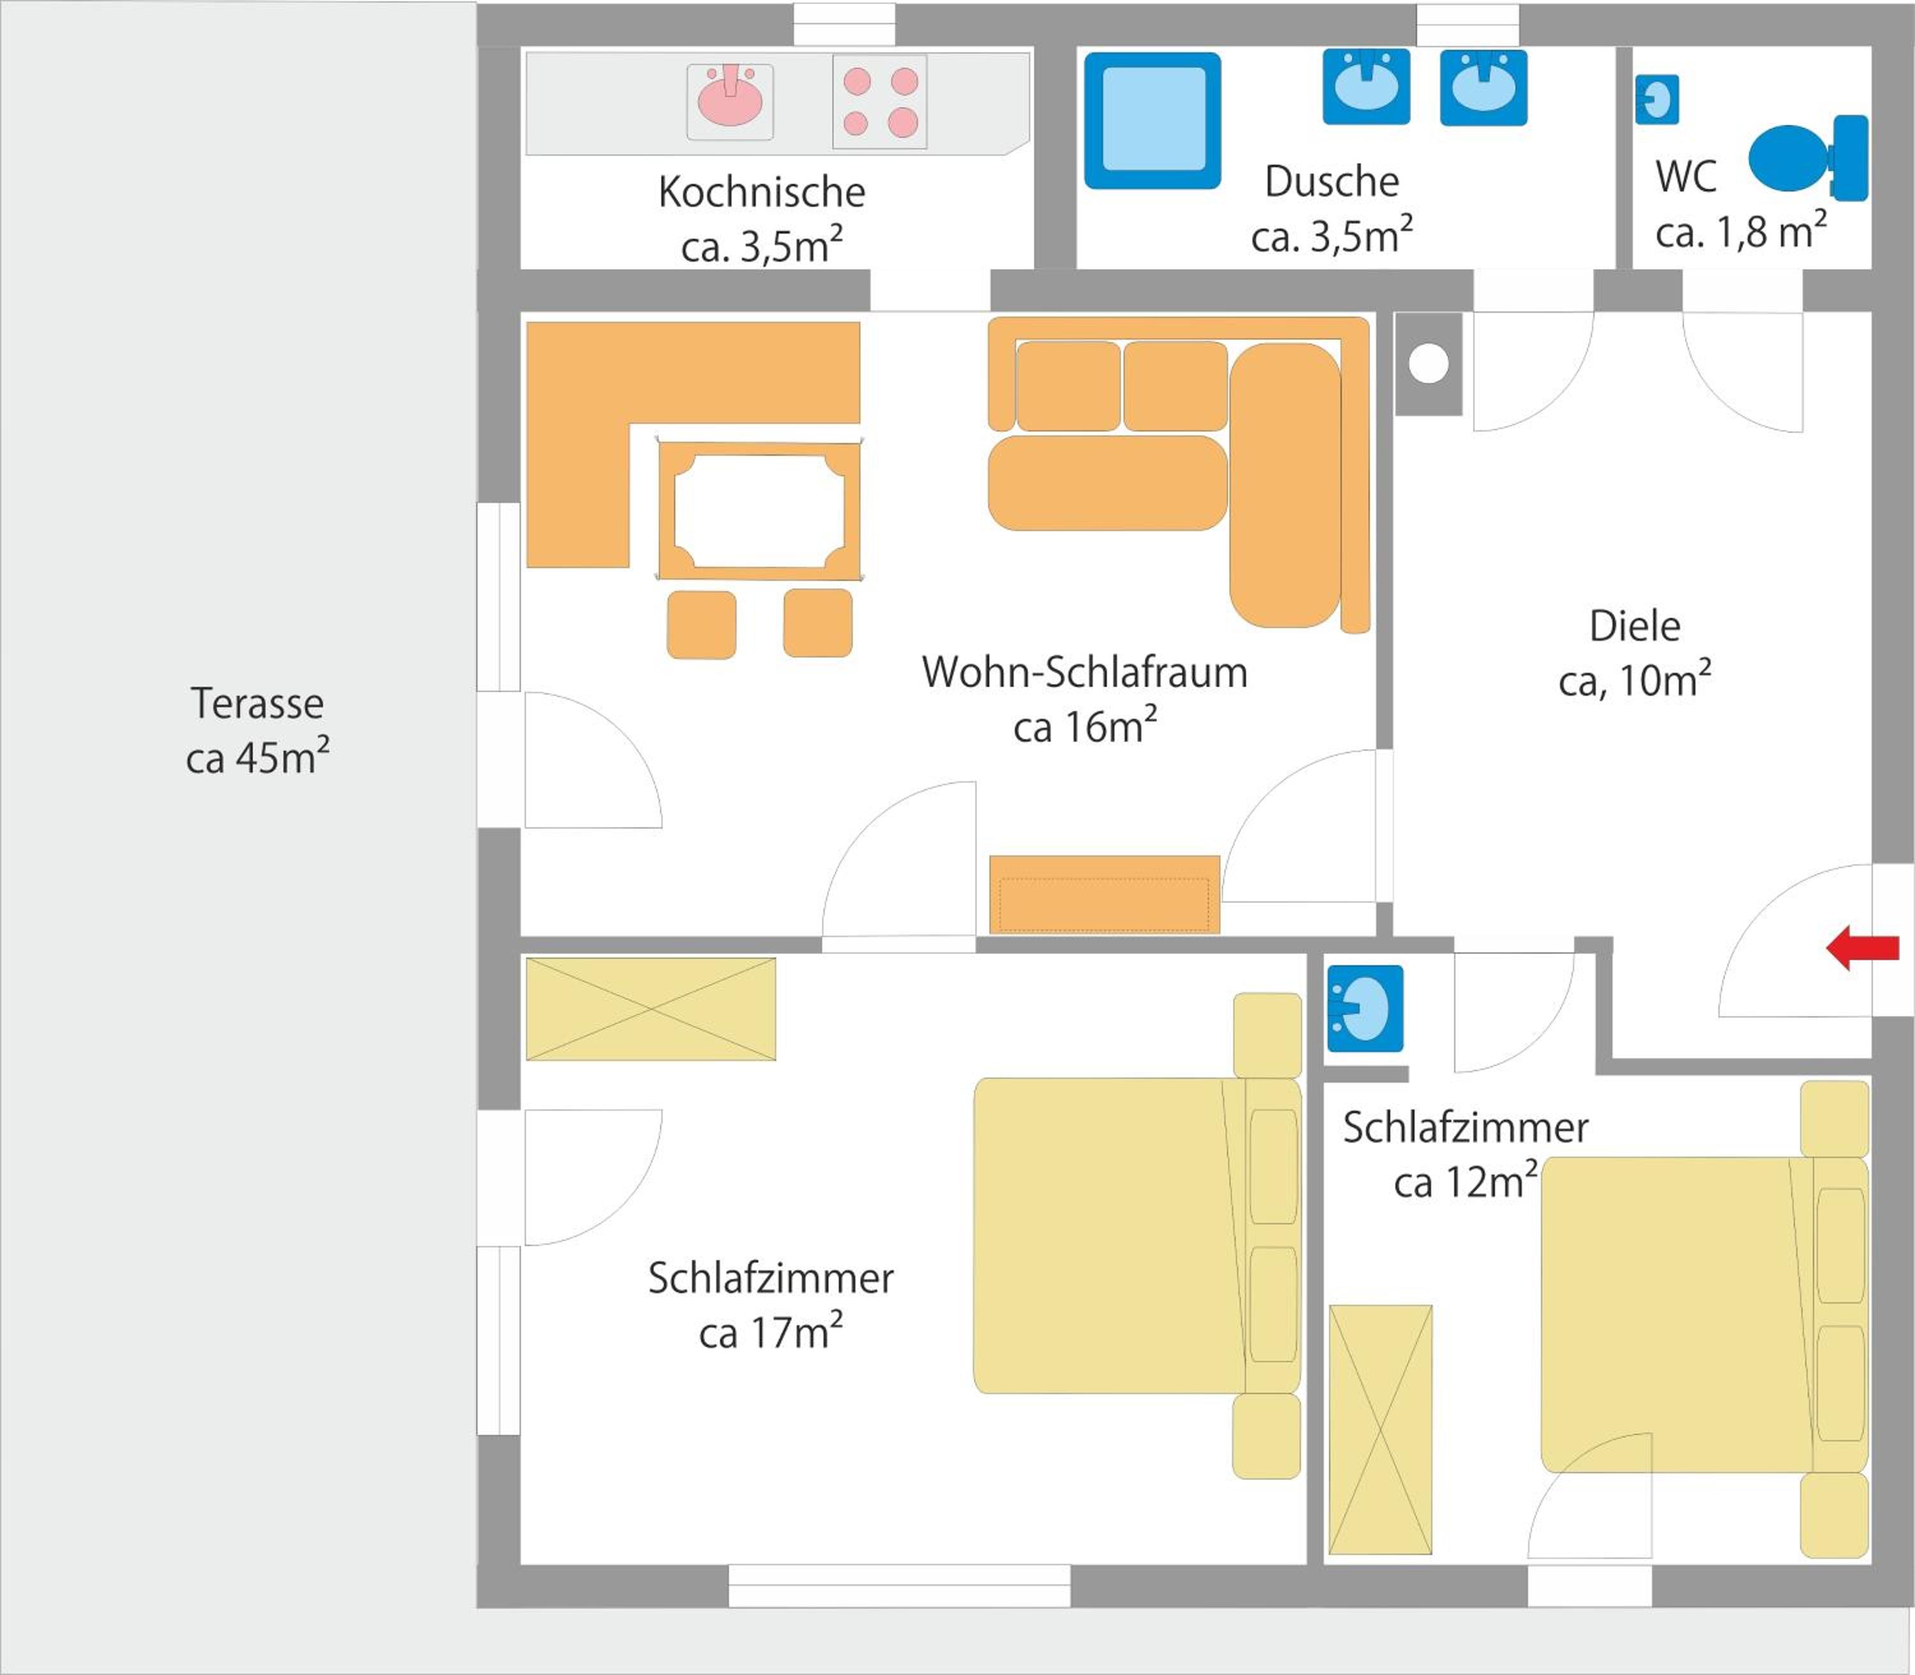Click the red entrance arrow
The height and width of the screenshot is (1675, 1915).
[x=1863, y=949]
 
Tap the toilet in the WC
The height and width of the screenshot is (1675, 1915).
[x=1808, y=158]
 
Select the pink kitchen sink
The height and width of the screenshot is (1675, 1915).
[x=730, y=96]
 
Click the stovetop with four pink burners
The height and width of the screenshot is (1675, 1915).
[x=880, y=102]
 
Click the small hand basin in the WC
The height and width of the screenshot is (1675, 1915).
[x=1657, y=99]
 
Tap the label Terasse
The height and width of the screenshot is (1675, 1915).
[x=257, y=703]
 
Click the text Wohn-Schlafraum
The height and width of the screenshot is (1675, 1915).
[x=1085, y=672]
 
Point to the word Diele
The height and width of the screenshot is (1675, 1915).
[x=1635, y=626]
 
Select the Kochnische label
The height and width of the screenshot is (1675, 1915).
[x=762, y=192]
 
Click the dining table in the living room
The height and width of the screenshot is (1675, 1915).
[x=759, y=511]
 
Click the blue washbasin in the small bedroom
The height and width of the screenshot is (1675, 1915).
[x=1365, y=1009]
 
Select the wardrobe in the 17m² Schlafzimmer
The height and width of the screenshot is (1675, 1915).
[x=650, y=1009]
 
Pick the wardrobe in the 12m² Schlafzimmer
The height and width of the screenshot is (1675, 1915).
[x=1381, y=1430]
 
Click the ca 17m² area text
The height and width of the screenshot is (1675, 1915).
[x=771, y=1331]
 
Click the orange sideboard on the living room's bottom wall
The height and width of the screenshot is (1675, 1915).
[x=1105, y=894]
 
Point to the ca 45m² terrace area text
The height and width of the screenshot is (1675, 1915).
[x=257, y=756]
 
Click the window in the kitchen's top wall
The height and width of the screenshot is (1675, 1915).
[x=844, y=24]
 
